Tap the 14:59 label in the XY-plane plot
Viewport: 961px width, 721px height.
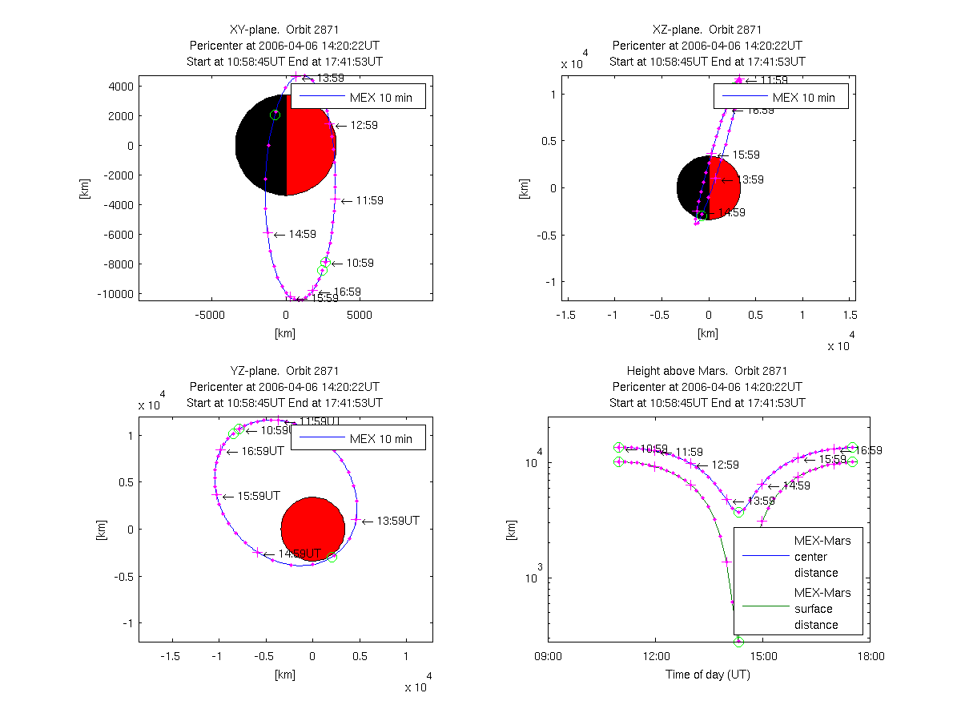(x=302, y=235)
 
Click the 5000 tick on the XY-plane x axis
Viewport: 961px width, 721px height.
(x=360, y=316)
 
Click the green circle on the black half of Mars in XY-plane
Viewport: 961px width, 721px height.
(x=275, y=115)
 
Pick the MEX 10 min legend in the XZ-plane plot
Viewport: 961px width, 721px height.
(x=774, y=98)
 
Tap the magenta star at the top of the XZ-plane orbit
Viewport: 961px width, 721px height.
(x=738, y=80)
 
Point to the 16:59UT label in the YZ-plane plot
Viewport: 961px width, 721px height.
(x=262, y=451)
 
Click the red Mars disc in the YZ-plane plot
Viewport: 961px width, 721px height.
(x=312, y=529)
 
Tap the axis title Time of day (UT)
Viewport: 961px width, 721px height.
(x=708, y=675)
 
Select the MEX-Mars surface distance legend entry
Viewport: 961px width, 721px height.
(x=816, y=609)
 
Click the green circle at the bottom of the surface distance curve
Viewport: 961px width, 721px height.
(x=738, y=641)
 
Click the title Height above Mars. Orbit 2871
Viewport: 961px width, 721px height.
(x=707, y=371)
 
